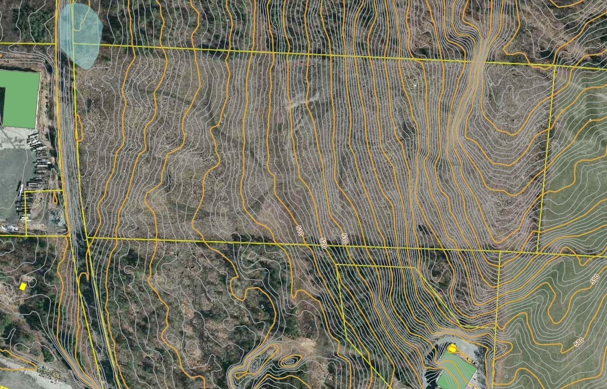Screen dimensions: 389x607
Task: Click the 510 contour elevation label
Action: (x=299, y=231)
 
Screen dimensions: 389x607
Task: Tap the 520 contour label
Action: (x=323, y=243)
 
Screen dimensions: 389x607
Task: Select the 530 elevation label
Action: (x=343, y=239)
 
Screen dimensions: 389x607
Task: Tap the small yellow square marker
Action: (x=23, y=286)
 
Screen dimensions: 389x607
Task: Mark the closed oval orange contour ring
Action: (x=289, y=361)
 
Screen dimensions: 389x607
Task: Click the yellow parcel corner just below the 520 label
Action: (x=337, y=265)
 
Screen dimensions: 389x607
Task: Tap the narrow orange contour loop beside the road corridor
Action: (x=79, y=127)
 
